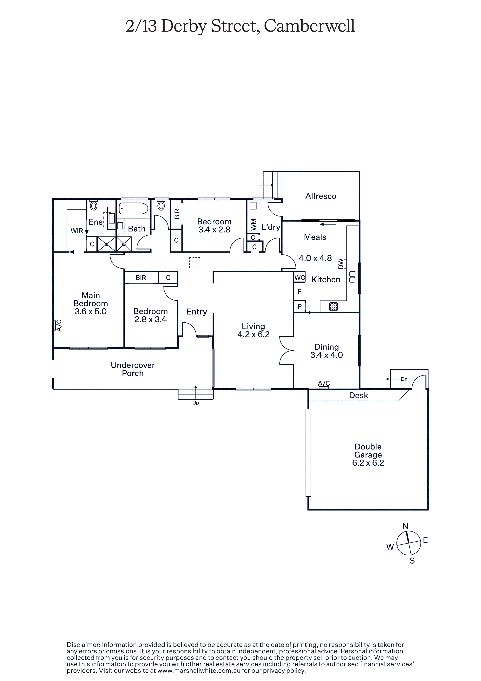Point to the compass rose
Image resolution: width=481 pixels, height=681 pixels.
pyautogui.click(x=408, y=543)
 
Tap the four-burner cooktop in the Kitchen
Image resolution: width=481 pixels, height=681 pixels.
pyautogui.click(x=333, y=306)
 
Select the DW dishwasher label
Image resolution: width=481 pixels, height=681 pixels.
pyautogui.click(x=341, y=264)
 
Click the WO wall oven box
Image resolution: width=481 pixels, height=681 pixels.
pyautogui.click(x=300, y=278)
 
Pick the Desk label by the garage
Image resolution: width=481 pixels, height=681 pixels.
pyautogui.click(x=359, y=395)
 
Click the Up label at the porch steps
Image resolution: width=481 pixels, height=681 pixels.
pyautogui.click(x=195, y=403)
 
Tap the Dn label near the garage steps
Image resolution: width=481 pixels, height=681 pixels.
pyautogui.click(x=404, y=379)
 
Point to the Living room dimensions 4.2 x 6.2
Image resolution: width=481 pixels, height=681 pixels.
pyautogui.click(x=253, y=335)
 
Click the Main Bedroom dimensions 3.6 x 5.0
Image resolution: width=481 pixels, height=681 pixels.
pyautogui.click(x=90, y=311)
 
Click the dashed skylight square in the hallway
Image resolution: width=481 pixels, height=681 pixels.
pyautogui.click(x=195, y=263)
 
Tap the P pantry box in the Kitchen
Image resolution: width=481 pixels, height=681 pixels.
pyautogui.click(x=300, y=306)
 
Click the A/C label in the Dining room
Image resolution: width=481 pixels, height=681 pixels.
pyautogui.click(x=324, y=384)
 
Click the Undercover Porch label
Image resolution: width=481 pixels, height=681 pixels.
pyautogui.click(x=133, y=369)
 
